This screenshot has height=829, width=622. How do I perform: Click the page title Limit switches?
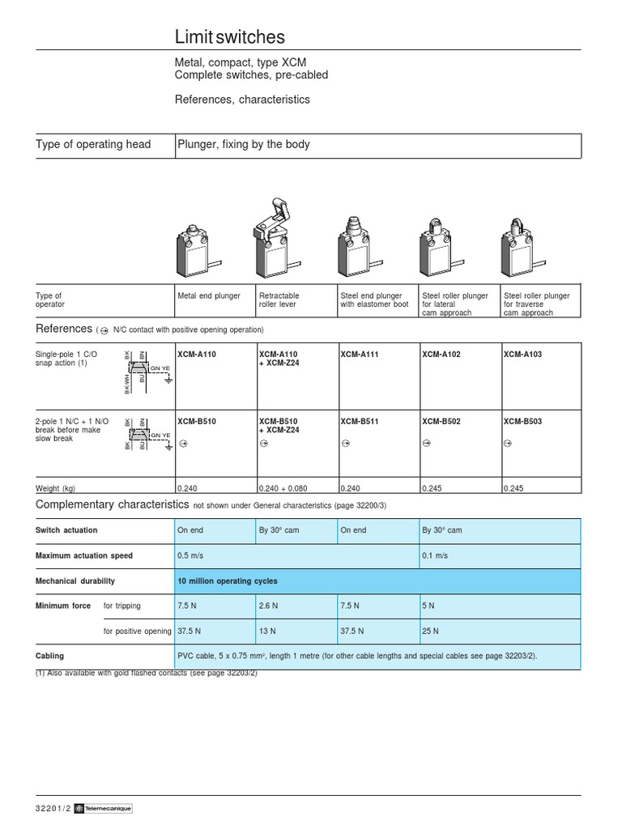tap(230, 37)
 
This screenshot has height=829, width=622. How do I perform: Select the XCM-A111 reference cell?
tap(360, 355)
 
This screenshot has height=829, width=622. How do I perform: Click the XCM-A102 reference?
tap(441, 355)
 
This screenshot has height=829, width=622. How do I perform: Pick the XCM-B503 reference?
tap(522, 422)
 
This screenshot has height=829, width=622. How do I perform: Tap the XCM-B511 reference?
tap(360, 422)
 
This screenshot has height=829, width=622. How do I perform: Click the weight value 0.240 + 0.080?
tap(283, 488)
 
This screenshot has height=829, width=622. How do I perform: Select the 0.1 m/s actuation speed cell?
tap(435, 556)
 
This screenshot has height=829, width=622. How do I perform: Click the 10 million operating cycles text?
tap(228, 581)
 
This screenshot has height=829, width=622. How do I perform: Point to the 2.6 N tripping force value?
tap(269, 606)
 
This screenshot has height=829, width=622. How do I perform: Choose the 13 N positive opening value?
tap(267, 631)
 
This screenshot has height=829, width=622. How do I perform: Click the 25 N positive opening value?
tap(431, 631)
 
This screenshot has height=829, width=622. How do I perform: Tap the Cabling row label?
tap(49, 657)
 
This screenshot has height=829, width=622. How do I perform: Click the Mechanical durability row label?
tap(75, 581)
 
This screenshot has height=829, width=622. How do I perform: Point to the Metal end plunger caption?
tap(209, 296)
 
